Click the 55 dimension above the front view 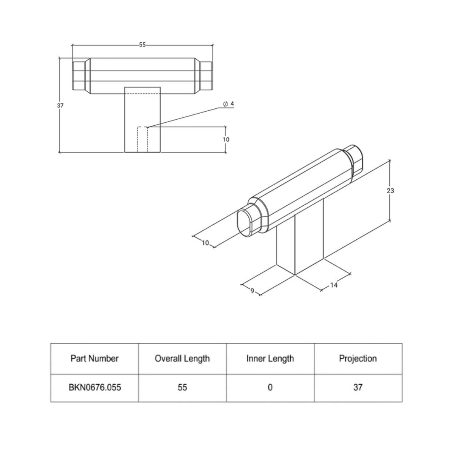(x=142, y=45)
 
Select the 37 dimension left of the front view (x=60, y=106)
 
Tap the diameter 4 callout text (x=228, y=104)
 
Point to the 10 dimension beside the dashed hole (x=226, y=140)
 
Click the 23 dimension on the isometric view (x=390, y=191)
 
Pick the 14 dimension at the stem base (x=334, y=285)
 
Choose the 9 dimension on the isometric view (x=252, y=291)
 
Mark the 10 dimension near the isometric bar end (x=205, y=243)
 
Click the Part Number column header (x=94, y=359)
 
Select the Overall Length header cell (x=182, y=359)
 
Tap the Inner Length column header (x=270, y=359)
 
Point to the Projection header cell (x=358, y=359)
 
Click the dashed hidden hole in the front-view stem (x=143, y=139)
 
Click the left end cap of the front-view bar (x=79, y=76)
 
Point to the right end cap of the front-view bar (x=206, y=76)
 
